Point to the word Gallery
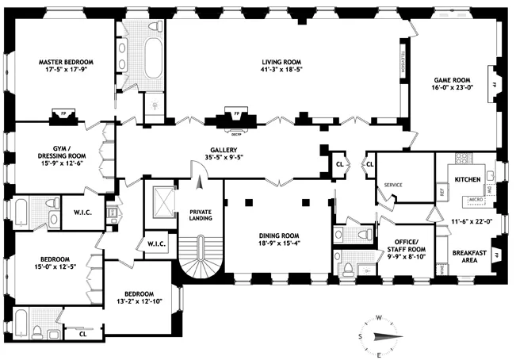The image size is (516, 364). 224,149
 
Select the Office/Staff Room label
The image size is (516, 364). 405,244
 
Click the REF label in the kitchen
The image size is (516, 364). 442,191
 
